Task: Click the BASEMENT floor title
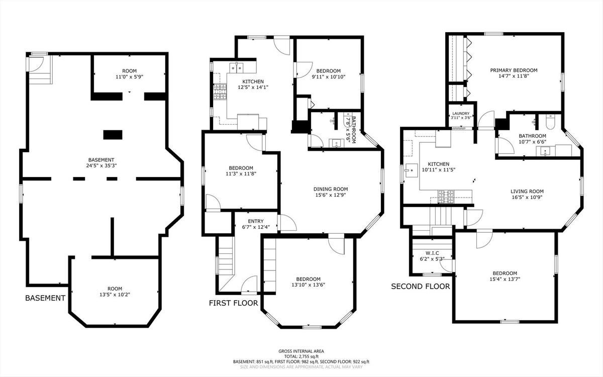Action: (x=45, y=298)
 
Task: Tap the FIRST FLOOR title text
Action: (x=233, y=303)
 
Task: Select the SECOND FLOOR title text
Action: (x=421, y=286)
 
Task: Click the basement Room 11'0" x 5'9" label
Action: (x=130, y=74)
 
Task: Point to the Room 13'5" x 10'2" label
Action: (x=115, y=292)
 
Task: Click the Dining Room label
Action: (x=331, y=192)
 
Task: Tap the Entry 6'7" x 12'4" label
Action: (x=256, y=224)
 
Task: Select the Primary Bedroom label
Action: (x=514, y=73)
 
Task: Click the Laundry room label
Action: (x=461, y=116)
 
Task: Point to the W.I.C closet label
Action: (x=432, y=256)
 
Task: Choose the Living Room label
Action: (x=527, y=194)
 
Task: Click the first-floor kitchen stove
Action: (x=220, y=91)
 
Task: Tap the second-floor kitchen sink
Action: (x=412, y=170)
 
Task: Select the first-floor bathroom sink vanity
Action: (x=336, y=143)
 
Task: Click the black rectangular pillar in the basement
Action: (x=113, y=135)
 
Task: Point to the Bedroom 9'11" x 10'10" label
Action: (x=329, y=74)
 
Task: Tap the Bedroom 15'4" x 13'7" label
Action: (x=505, y=276)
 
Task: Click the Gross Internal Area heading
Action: (x=301, y=351)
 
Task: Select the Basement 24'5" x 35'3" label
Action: (x=101, y=163)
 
